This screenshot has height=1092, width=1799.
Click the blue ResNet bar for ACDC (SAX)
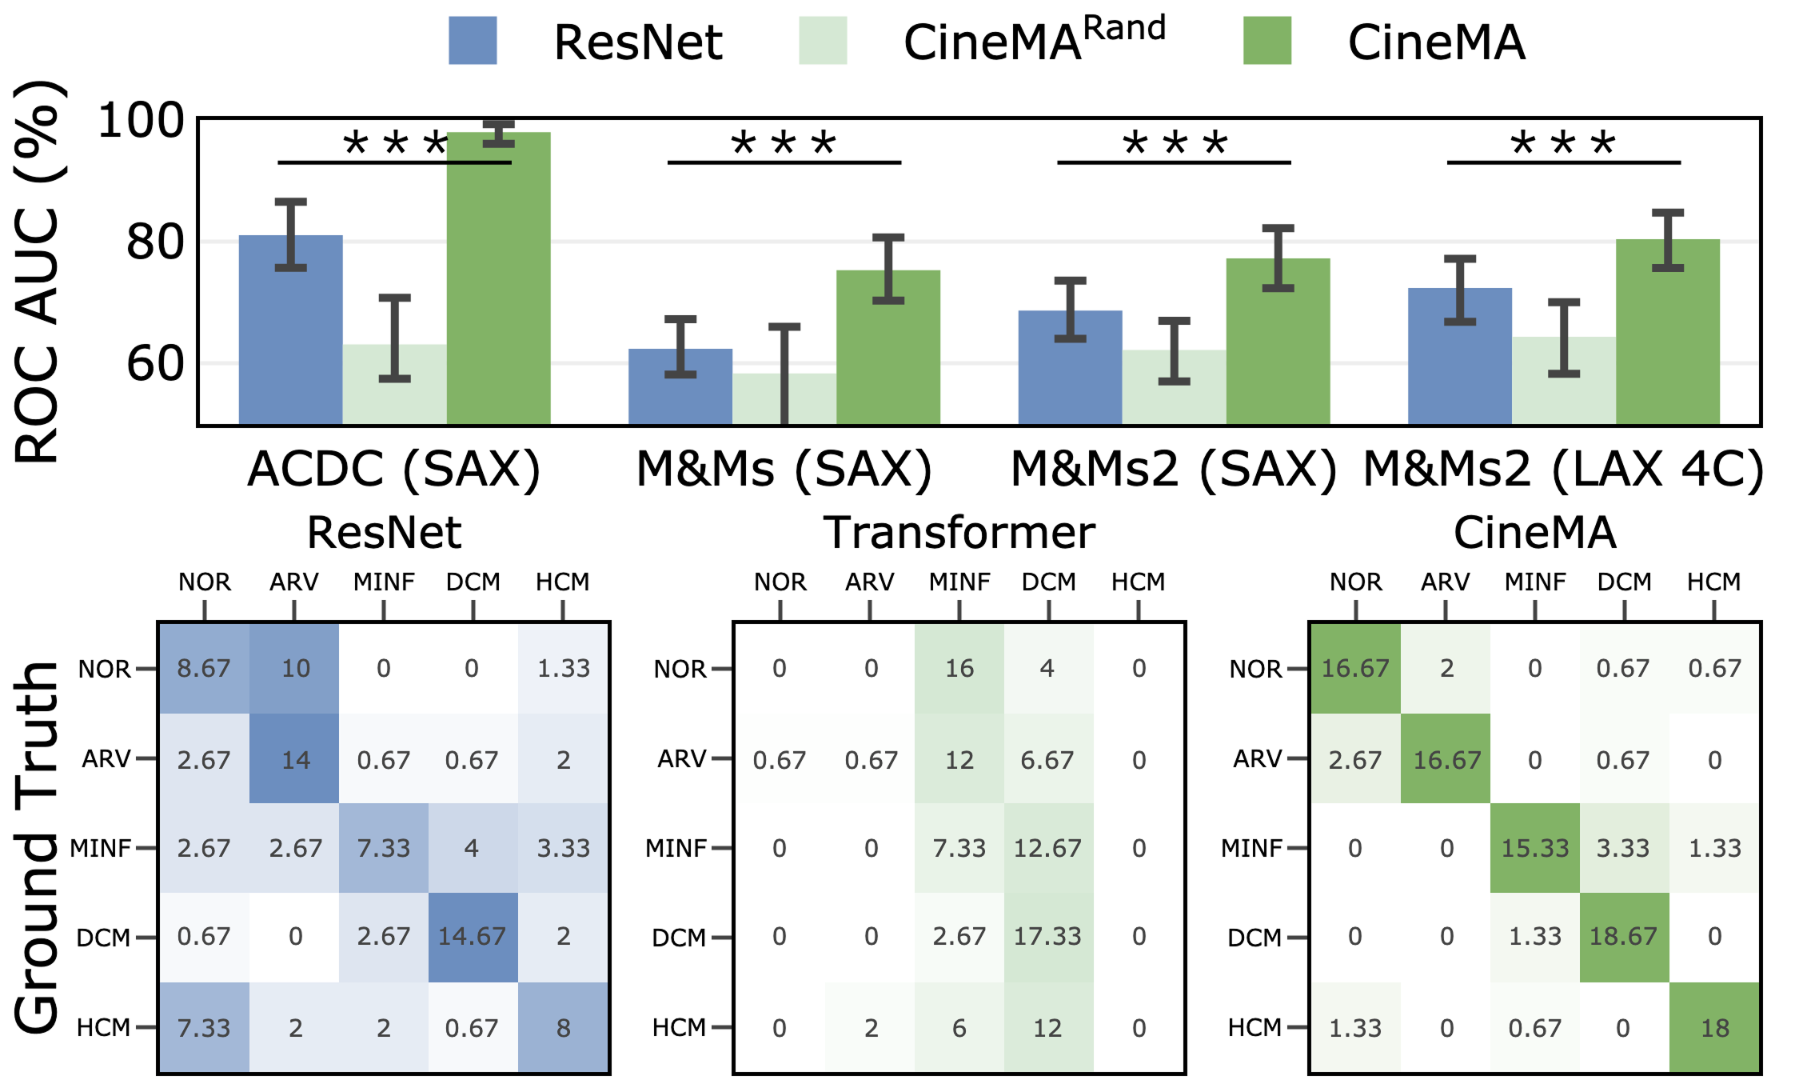click(x=290, y=336)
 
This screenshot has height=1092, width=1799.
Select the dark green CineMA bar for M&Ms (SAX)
click(x=888, y=352)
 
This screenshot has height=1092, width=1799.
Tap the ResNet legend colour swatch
click(x=473, y=41)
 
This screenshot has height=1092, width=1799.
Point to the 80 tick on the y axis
click(x=154, y=242)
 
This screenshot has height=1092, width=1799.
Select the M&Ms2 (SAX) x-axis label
click(x=1173, y=470)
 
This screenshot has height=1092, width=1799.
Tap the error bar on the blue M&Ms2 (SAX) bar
click(x=1070, y=310)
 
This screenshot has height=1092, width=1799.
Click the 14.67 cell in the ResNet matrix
click(x=472, y=937)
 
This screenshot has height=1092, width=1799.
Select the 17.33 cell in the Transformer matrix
click(x=1047, y=937)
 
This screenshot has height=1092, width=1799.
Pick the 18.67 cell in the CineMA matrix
click(x=1623, y=937)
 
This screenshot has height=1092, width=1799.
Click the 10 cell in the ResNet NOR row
click(x=295, y=668)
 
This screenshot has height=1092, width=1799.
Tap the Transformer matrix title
click(x=959, y=533)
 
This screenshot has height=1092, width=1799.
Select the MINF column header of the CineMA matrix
click(x=1534, y=582)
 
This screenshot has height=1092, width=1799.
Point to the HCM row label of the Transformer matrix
click(x=679, y=1027)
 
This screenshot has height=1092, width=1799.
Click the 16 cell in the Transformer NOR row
click(x=959, y=668)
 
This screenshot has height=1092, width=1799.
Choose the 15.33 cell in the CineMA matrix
click(x=1534, y=848)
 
